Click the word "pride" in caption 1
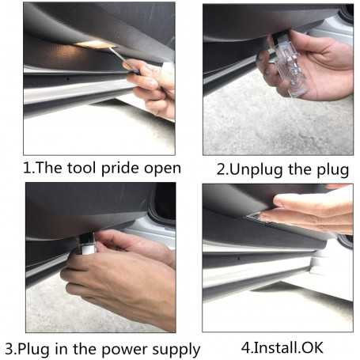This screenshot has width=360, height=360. pos(120,169)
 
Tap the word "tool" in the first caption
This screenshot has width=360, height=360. pos(81,168)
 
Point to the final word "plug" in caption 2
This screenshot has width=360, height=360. pos(332,170)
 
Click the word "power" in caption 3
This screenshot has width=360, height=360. pos(124,351)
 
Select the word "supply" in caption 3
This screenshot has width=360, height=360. pos(176,351)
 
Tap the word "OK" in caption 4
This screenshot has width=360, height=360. pos(313,348)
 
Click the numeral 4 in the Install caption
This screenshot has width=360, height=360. pos(246,347)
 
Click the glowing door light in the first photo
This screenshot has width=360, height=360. pos(93,44)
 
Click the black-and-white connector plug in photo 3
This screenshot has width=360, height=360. pos(86,243)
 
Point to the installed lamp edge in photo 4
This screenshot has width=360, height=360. pos(260,219)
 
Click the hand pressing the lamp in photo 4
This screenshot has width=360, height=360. pos(309,211)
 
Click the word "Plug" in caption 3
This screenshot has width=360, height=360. pos(34,350)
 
